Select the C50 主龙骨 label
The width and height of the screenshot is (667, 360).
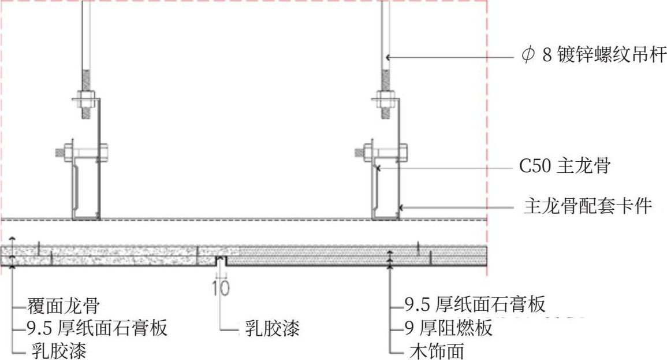565,167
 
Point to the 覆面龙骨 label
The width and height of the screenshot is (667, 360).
64,305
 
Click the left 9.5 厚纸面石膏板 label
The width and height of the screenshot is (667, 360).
97,328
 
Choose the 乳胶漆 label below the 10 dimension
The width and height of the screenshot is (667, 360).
269,329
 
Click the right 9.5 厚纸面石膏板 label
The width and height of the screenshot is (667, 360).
475,303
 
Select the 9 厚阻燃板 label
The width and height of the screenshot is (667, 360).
448,328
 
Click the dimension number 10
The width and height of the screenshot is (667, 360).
221,287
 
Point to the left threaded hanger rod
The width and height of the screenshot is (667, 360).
86,35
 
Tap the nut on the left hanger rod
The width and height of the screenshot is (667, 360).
85,95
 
